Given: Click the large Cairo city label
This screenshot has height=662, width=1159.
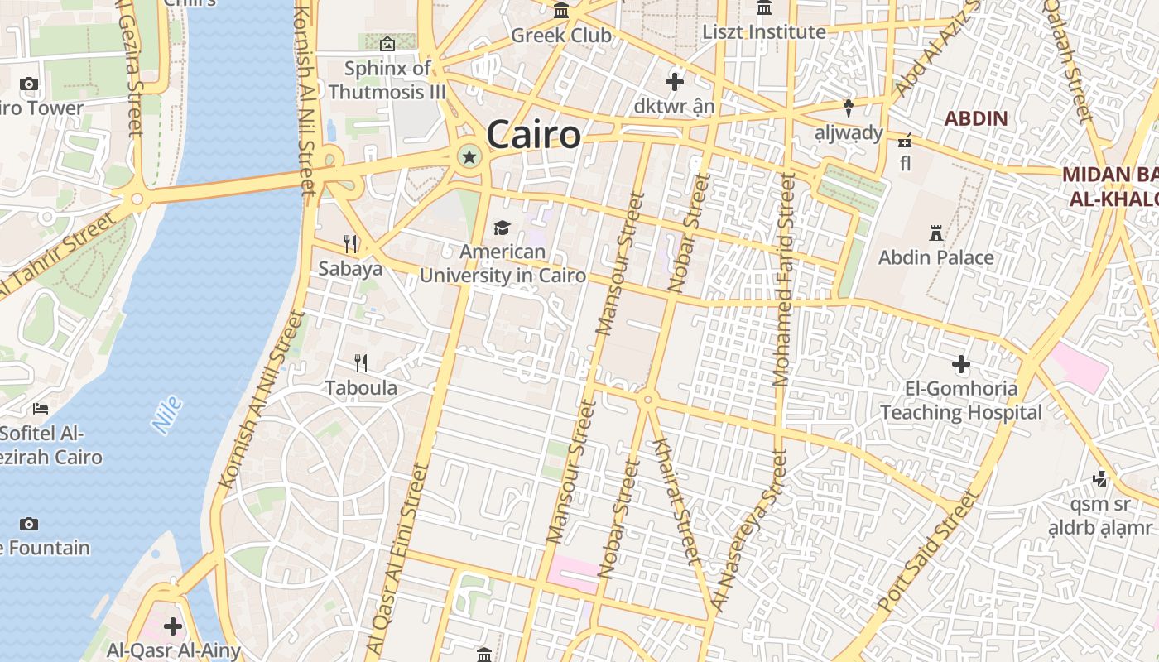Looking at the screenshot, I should point(533,135).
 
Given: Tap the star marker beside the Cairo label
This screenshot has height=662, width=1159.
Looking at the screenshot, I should point(469,156).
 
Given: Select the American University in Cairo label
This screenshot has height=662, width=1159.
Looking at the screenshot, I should point(503,264).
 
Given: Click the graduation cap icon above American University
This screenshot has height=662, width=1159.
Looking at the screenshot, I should point(502,228).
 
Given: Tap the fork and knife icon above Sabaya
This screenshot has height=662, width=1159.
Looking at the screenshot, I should point(351,243).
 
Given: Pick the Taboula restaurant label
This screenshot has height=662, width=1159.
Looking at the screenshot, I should point(361,388).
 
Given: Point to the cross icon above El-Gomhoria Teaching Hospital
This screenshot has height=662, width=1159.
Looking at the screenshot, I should point(960,364).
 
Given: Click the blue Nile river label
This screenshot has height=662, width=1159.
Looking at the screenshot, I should point(166,415).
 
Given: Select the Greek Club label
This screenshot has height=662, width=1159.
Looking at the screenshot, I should point(561,36).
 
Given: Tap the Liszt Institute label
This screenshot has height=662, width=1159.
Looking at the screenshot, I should point(763,32).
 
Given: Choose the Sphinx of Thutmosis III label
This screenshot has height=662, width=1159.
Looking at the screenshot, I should point(387,79).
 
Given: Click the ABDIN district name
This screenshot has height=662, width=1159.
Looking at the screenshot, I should point(976,118).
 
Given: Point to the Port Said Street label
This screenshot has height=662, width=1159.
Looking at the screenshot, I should point(928,552).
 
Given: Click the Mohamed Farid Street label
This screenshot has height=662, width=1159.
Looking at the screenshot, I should point(783,280).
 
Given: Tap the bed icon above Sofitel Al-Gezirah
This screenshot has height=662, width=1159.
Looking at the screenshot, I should point(41,409).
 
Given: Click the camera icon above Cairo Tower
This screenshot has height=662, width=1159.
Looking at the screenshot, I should point(29,84).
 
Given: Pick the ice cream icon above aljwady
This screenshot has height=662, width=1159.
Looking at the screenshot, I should point(849,107).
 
